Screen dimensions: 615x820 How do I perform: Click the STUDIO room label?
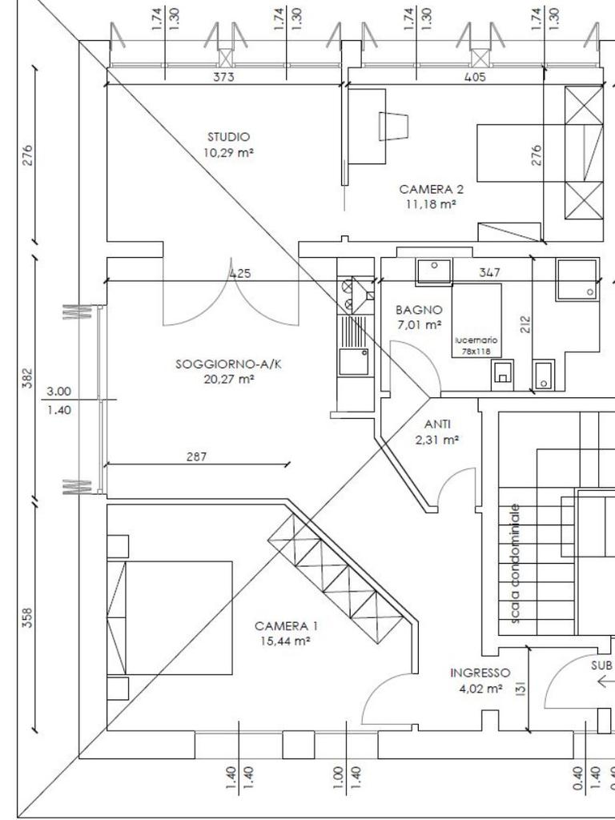(x=228, y=137)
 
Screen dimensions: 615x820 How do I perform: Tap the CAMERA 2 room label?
(x=431, y=189)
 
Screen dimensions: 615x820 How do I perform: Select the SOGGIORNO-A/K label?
(x=228, y=364)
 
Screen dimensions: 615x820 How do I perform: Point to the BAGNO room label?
(x=419, y=310)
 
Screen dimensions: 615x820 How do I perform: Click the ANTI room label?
(x=437, y=424)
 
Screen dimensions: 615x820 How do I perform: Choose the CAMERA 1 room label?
(x=286, y=626)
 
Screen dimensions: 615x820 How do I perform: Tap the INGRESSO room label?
(x=480, y=673)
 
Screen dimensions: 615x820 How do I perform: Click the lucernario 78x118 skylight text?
(x=476, y=346)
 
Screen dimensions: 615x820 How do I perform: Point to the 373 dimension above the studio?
(x=223, y=77)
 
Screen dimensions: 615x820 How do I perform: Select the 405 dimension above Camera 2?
(x=475, y=77)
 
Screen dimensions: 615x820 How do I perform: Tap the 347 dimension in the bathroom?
(x=489, y=272)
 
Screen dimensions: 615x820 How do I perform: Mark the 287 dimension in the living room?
(x=197, y=456)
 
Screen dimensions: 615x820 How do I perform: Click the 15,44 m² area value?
(x=286, y=641)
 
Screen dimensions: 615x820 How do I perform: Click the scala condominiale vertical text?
(x=516, y=564)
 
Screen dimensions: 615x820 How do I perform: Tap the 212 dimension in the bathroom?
(x=525, y=324)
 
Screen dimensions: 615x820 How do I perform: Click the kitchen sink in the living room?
(x=353, y=362)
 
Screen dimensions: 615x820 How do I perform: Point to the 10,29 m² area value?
(x=228, y=153)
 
